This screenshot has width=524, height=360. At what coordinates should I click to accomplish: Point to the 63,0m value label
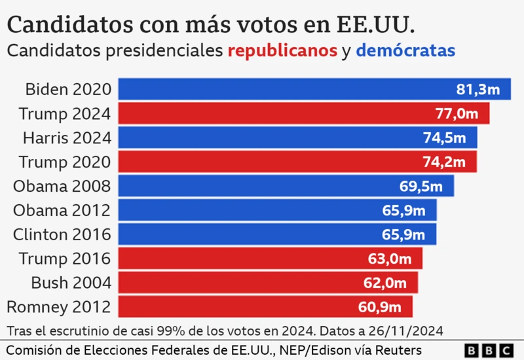click(390, 259)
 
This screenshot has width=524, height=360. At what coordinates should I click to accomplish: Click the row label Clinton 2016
click(62, 234)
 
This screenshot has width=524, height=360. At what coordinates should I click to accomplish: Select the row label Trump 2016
click(65, 259)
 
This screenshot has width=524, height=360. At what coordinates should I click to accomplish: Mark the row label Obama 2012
click(62, 210)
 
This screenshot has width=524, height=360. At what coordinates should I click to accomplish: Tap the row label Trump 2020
click(65, 162)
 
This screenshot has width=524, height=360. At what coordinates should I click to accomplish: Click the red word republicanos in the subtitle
click(282, 50)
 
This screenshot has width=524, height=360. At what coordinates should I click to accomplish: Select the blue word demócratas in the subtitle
click(405, 50)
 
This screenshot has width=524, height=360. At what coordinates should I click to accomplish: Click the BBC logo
click(488, 350)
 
